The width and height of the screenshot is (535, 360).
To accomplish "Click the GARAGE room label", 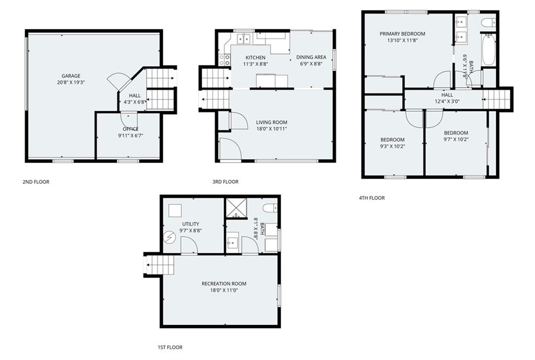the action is point(71,76).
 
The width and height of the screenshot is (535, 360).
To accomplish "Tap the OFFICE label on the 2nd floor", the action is point(131,129).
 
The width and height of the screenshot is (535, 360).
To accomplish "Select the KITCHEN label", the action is point(255,57).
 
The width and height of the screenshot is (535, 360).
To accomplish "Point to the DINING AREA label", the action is point(311,57).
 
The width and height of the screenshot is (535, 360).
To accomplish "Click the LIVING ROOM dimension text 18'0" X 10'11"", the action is point(272,129).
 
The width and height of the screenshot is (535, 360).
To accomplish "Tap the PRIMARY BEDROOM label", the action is point(402,34).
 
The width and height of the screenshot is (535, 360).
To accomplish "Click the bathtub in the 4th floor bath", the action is point(489,50).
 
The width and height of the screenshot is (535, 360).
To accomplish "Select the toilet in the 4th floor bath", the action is point(489,22).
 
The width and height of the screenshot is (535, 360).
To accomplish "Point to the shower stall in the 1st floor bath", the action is point(236,208).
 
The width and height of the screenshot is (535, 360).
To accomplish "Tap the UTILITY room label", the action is point(191,224).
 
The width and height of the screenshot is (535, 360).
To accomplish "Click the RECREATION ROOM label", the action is point(224,284).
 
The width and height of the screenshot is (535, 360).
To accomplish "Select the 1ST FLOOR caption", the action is point(170,347).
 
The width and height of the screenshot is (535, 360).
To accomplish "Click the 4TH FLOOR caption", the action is point(372,198).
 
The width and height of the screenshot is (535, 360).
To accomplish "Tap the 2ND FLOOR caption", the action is point(36,182).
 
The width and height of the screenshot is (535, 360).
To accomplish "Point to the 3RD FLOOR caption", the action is point(225,182).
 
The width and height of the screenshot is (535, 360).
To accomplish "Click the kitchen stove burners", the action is point(224,60).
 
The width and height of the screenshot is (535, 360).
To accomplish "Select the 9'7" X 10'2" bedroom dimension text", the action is point(456,139).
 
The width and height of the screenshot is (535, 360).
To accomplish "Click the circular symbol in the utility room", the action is point(169,238).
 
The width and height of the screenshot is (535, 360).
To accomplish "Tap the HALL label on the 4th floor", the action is point(447,95).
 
